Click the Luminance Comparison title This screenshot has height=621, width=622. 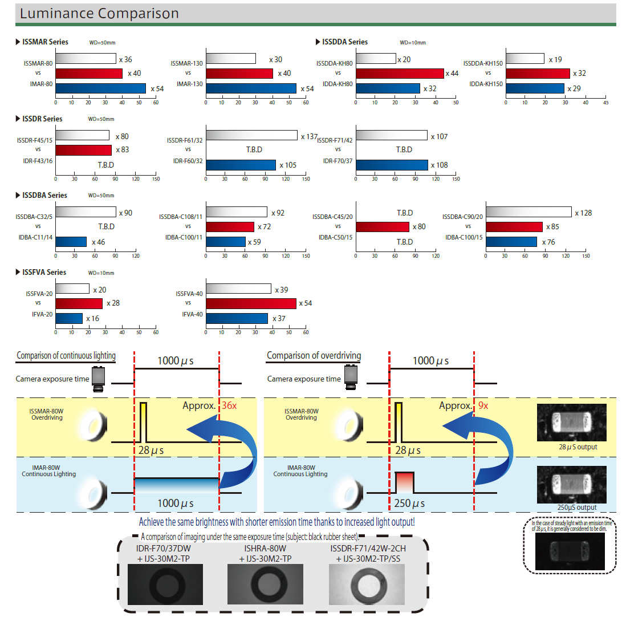[99, 13]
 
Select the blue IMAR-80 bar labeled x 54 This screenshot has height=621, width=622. [100, 88]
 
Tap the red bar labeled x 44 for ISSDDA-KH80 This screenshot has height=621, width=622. [399, 74]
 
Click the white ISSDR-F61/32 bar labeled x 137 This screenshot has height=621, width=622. [251, 135]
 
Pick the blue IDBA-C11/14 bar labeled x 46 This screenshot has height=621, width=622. [71, 242]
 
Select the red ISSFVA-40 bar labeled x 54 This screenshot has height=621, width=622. [251, 303]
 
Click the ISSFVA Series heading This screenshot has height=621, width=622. [44, 272]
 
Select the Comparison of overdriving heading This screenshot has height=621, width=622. [314, 355]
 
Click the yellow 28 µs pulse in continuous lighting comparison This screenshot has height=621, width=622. [143, 422]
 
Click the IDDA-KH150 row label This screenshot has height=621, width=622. [486, 84]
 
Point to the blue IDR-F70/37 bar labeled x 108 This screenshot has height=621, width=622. [391, 165]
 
